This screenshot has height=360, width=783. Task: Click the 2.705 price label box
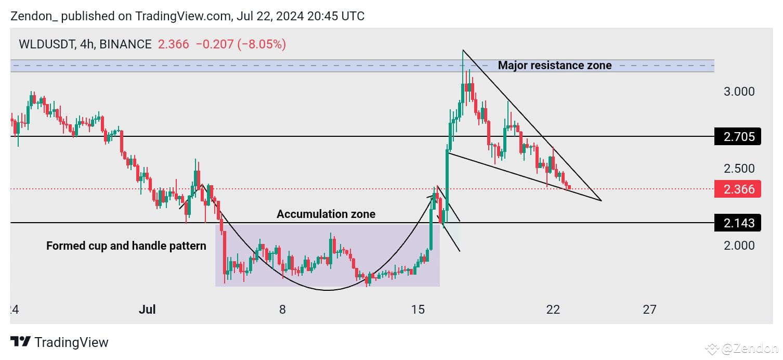click(738, 137)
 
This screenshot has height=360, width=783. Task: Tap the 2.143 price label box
click(738, 223)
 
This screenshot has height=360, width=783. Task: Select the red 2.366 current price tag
click(738, 189)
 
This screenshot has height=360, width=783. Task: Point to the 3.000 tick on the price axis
click(739, 92)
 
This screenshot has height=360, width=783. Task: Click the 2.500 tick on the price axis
click(739, 169)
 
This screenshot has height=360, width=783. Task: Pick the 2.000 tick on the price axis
click(739, 245)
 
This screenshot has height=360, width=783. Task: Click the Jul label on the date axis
click(148, 310)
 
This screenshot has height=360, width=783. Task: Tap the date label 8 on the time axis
click(282, 310)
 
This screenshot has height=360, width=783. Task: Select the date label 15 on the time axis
click(417, 310)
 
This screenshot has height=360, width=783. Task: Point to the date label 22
click(553, 310)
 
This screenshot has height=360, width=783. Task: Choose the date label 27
click(649, 310)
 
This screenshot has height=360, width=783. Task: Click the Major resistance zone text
click(554, 66)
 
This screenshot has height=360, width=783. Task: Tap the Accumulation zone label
click(325, 214)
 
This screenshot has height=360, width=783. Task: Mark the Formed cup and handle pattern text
click(126, 246)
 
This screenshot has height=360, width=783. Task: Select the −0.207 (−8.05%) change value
click(241, 44)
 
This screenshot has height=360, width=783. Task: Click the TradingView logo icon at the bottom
click(20, 342)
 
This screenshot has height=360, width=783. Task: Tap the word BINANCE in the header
click(125, 44)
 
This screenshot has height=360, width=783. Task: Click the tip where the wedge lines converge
click(601, 200)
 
